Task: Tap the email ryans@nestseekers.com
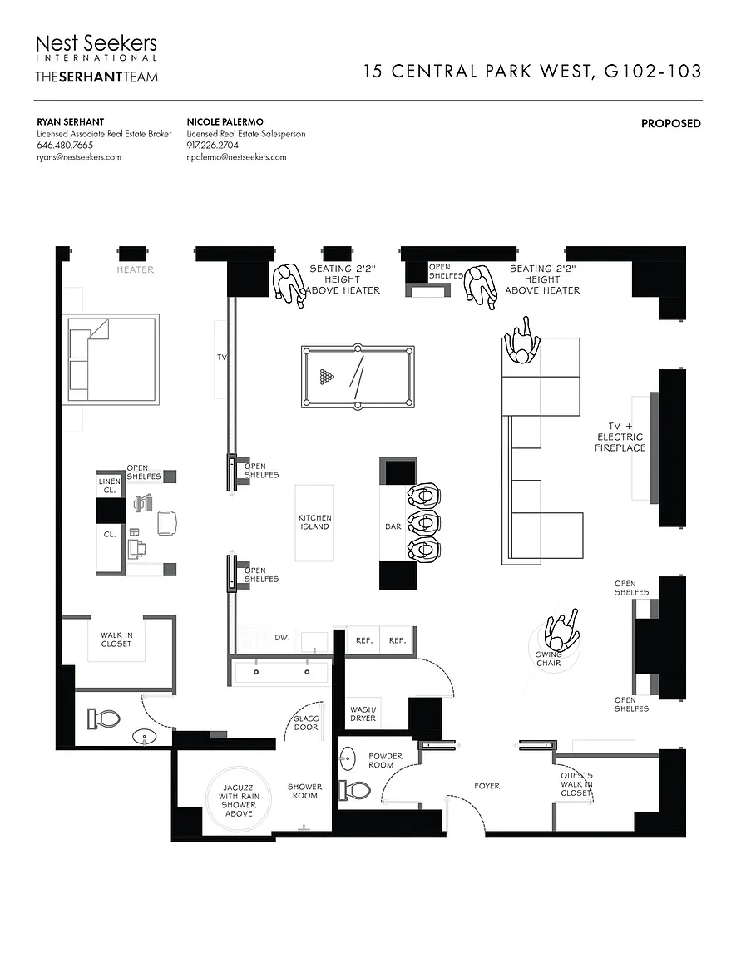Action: [79, 157]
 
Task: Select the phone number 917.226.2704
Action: [213, 146]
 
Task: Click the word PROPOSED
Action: [670, 124]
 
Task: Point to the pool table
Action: [358, 377]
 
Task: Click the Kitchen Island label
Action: [314, 522]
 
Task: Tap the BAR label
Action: [393, 526]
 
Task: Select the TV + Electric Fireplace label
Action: [620, 437]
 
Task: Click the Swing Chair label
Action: [549, 659]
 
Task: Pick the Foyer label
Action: [487, 786]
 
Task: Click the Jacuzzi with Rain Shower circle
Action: [239, 799]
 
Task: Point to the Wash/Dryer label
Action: [363, 714]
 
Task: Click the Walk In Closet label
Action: [116, 639]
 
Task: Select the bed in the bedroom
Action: [111, 358]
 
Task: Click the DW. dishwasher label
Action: [282, 638]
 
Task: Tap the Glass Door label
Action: [305, 723]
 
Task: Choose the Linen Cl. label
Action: [110, 486]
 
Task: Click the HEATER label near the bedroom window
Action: [135, 269]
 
